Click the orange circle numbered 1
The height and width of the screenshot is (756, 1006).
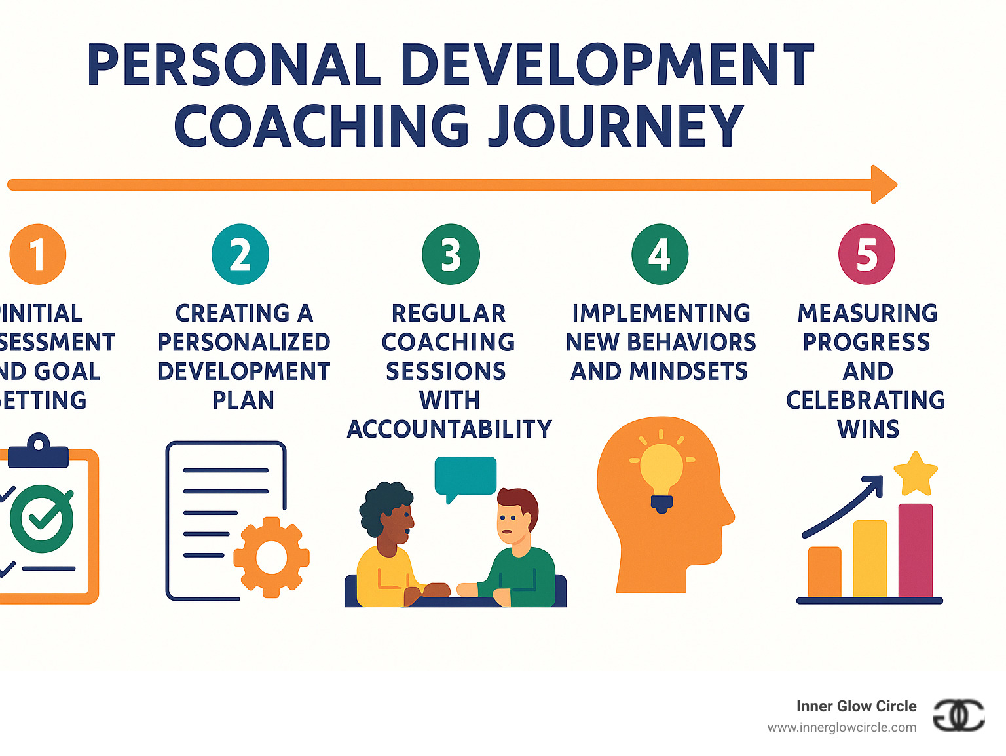tap(38, 254)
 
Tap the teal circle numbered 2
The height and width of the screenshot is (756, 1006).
tap(240, 254)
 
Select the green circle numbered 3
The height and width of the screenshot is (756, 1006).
tap(451, 254)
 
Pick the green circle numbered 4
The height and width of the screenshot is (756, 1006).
tap(660, 254)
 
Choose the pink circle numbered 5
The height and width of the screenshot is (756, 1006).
tap(866, 254)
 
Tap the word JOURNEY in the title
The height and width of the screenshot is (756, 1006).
tap(614, 126)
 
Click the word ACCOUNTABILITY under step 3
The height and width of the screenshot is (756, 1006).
tap(449, 429)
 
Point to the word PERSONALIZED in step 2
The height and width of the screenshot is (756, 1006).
tap(244, 342)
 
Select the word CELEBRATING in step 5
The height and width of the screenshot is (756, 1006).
tap(865, 400)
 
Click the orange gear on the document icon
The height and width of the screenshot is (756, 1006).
tap(271, 558)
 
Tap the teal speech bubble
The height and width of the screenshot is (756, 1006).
tap(465, 476)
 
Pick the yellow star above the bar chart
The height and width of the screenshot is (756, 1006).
tap(915, 474)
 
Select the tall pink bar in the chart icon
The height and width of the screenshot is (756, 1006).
tap(915, 550)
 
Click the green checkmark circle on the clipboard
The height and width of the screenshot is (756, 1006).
tap(42, 518)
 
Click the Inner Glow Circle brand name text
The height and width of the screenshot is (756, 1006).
tap(856, 706)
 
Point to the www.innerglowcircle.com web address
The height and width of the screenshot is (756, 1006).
tap(842, 727)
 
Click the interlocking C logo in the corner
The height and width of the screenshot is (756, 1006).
tap(958, 715)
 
